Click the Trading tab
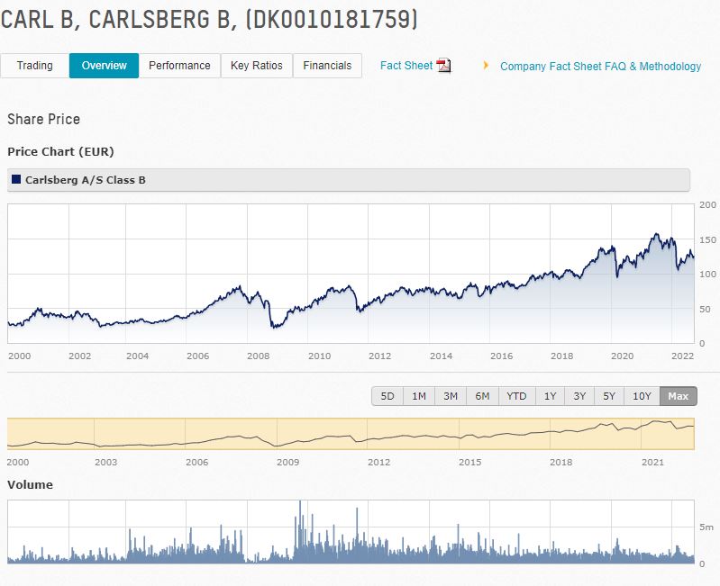pos(35,66)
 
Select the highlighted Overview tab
pos(105,66)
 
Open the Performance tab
pos(179,66)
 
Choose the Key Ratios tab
pos(257,66)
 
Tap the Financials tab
pos(328,66)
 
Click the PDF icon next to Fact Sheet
pos(443,66)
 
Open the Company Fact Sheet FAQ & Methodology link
pos(600,67)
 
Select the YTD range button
pos(516,396)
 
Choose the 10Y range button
pos(642,396)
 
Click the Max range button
pos(679,396)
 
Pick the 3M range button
pos(451,396)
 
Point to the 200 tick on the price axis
pos(707,205)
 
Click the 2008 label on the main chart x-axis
pos(259,356)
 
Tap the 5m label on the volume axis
pos(706,527)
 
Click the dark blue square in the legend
pos(16,180)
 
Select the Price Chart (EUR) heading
pos(60,151)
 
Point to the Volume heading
pos(30,484)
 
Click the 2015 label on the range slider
pos(469,462)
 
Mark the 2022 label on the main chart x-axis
pos(682,356)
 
